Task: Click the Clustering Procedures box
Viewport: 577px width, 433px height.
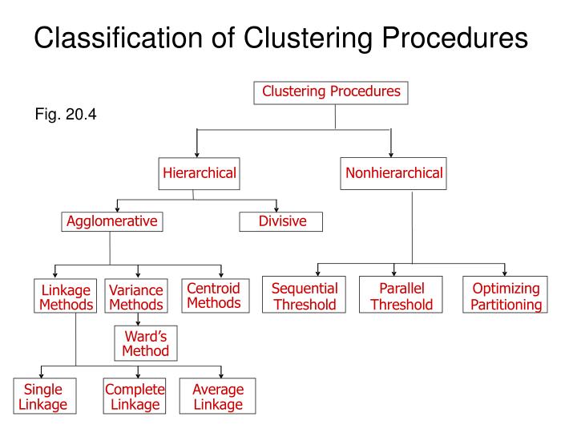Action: click(x=331, y=92)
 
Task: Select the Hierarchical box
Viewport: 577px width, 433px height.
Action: click(x=200, y=173)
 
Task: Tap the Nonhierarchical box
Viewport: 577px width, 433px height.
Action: click(x=393, y=173)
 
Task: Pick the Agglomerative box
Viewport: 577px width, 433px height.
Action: click(x=111, y=221)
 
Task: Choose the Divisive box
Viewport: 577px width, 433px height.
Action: click(x=281, y=221)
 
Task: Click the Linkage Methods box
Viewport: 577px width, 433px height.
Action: click(x=66, y=297)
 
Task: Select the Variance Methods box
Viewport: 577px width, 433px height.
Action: click(x=136, y=297)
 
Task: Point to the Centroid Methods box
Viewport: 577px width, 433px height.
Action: click(x=214, y=295)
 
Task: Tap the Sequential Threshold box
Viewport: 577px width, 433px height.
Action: click(x=305, y=296)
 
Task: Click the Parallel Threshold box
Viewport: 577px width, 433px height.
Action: click(x=401, y=296)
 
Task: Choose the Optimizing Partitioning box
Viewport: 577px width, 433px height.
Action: click(x=506, y=296)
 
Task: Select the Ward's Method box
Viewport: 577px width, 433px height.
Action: click(x=145, y=343)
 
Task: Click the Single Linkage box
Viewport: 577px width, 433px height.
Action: click(x=43, y=397)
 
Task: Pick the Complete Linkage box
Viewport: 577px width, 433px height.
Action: click(x=135, y=397)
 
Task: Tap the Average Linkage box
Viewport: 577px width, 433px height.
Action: click(x=217, y=397)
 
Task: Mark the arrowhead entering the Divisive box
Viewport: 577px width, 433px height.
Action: click(x=276, y=208)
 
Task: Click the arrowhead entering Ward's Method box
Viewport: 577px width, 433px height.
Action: click(x=138, y=322)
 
